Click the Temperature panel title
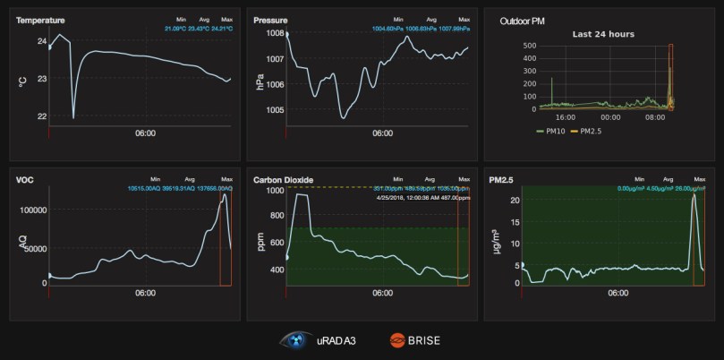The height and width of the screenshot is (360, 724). (x=39, y=20)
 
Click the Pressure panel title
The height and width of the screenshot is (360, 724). (x=270, y=20)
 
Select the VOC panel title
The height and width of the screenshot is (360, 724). (x=24, y=180)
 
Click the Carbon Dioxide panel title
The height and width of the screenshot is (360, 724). (x=283, y=180)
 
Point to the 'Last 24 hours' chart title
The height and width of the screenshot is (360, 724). (x=603, y=34)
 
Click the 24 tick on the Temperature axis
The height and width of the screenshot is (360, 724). (x=41, y=41)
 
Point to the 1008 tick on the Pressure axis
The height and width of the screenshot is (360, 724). (x=275, y=34)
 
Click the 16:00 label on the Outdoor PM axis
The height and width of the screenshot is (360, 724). (x=565, y=116)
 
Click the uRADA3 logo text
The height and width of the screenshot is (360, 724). (x=337, y=340)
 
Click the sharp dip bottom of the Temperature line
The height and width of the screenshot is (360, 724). (x=73, y=117)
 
